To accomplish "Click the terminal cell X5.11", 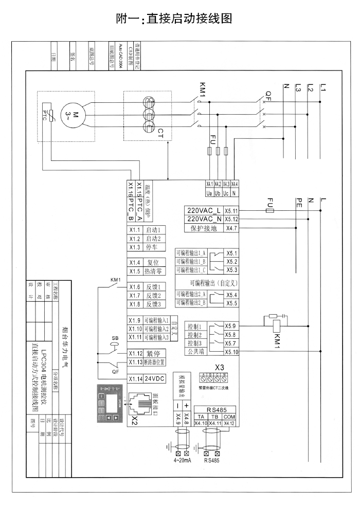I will [x=232, y=211].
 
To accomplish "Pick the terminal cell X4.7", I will [x=232, y=228].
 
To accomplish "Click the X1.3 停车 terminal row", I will [x=147, y=247].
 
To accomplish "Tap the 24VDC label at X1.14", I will [x=154, y=379].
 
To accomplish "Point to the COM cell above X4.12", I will [x=230, y=402].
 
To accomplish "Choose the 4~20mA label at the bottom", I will [x=183, y=446].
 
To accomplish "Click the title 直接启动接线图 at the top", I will [x=175, y=19].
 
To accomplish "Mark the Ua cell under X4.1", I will [x=209, y=193].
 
